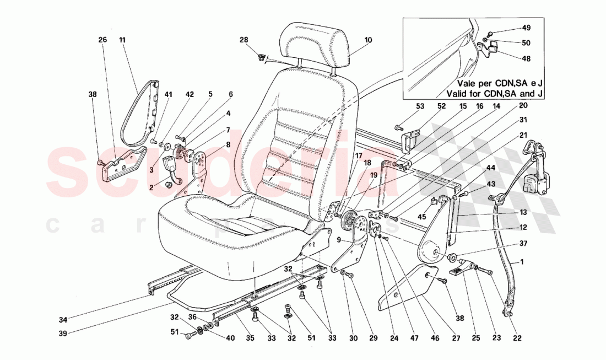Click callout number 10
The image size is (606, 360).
click(368, 40)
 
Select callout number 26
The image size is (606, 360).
click(102, 40)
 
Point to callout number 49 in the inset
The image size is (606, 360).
click(526, 28)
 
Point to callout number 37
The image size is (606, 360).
click(523, 243)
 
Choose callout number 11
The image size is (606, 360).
click(122, 40)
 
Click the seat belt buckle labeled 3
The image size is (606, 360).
click(169, 166)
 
